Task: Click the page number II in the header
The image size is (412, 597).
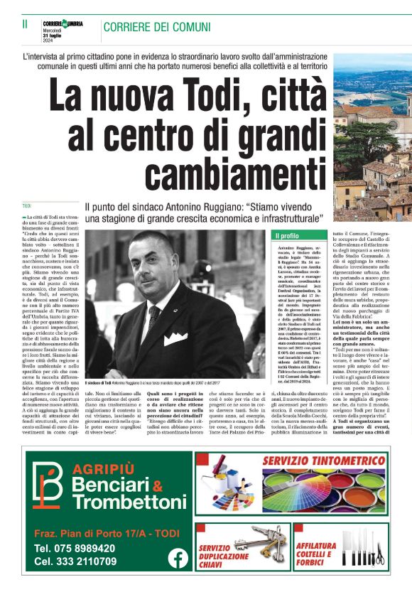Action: [x=25, y=25]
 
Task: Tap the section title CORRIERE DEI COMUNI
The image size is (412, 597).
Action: [x=157, y=27]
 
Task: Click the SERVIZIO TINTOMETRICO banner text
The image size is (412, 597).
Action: [x=324, y=462]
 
